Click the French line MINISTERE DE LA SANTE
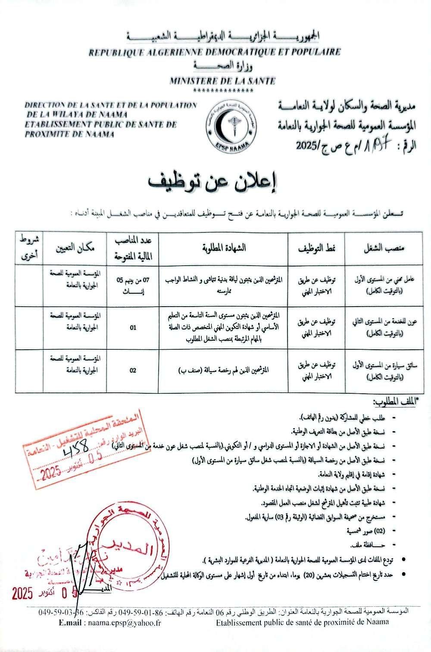coord(222,81)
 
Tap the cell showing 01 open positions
coord(133,328)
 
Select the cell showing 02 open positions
coord(133,370)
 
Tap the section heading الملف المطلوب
coord(393,403)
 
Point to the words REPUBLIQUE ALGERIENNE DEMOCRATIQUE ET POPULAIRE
coord(215,52)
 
